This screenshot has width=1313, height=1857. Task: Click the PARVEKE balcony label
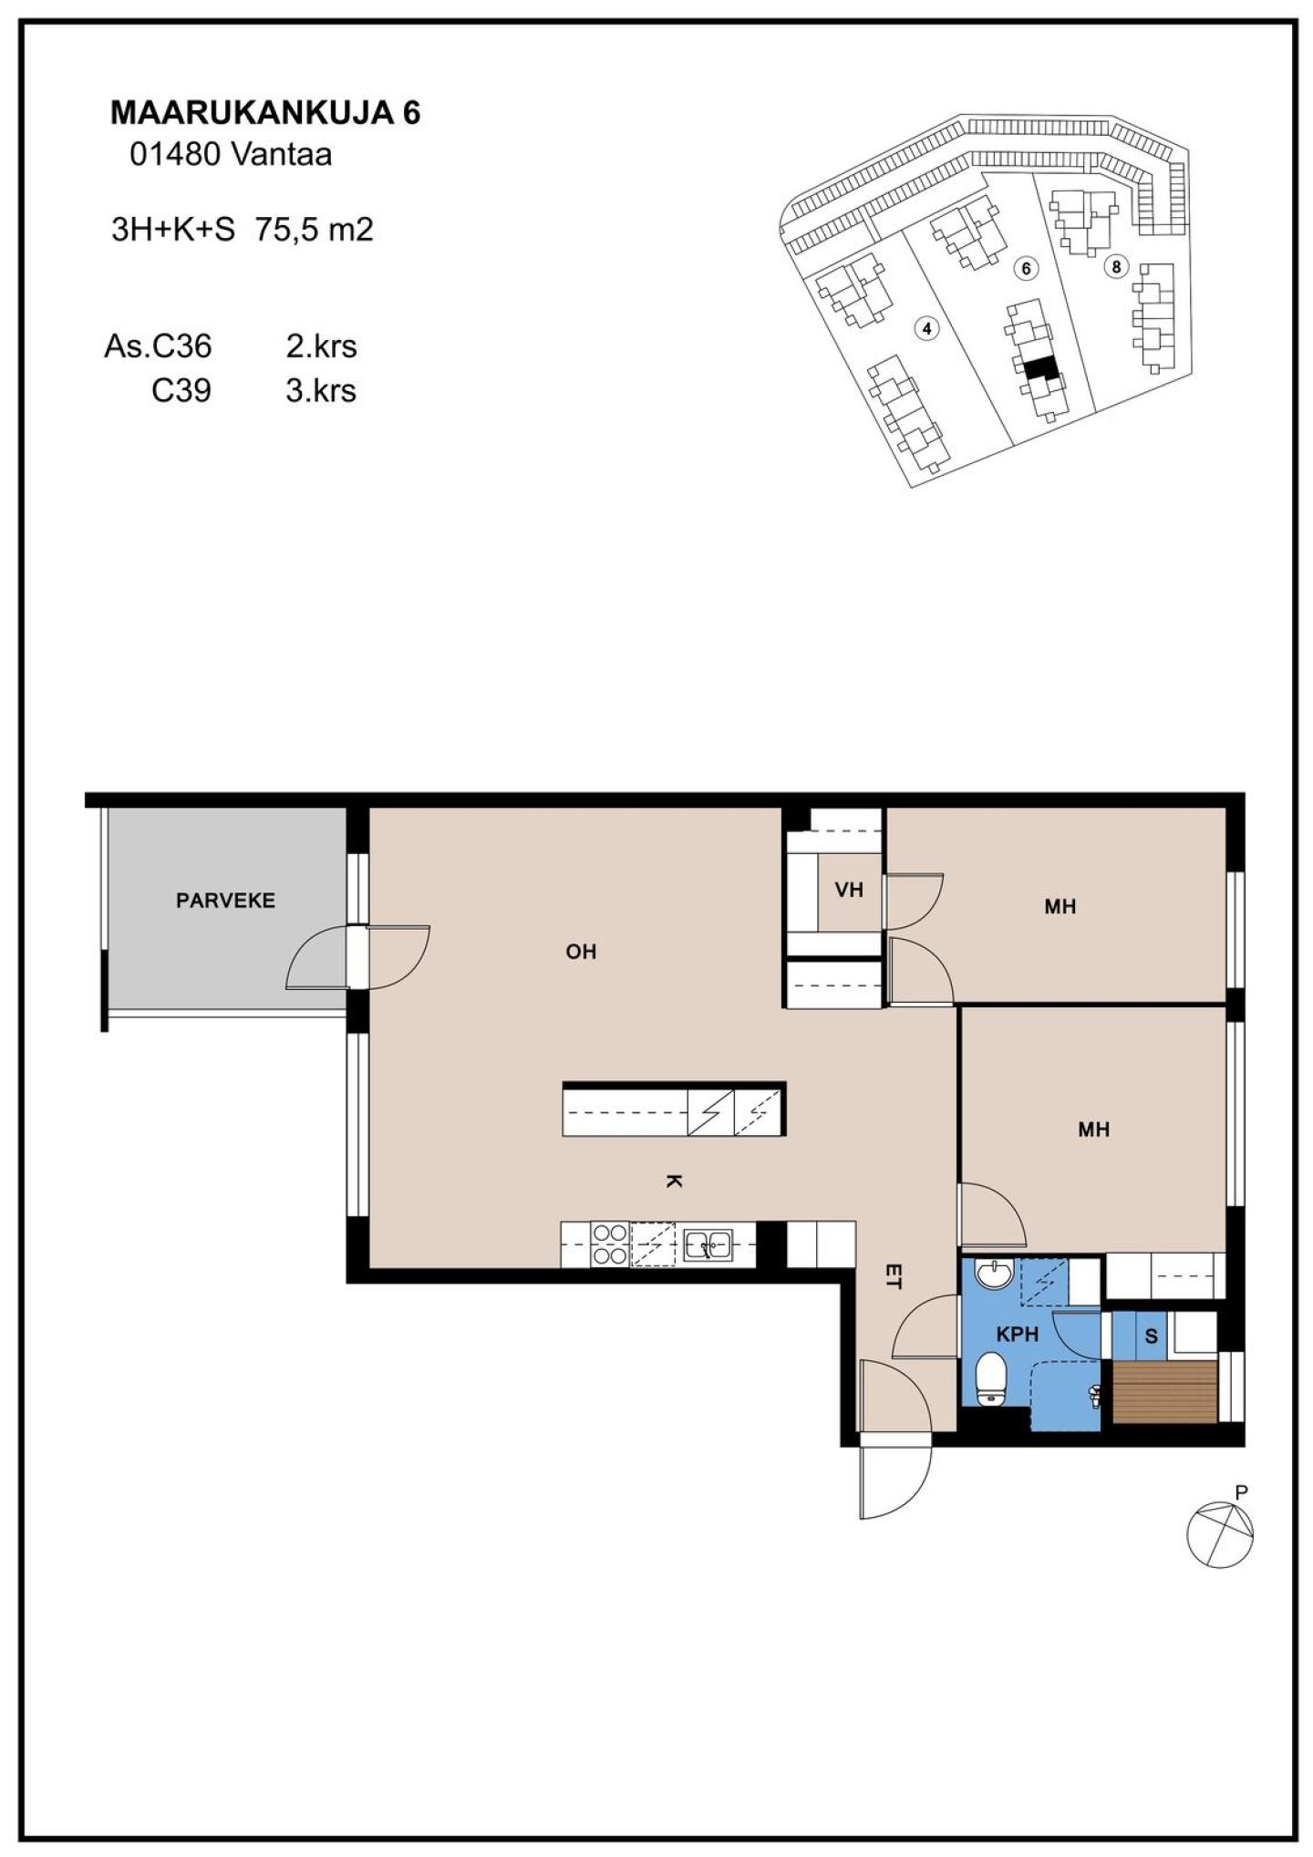(225, 901)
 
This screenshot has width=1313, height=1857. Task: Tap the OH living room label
(581, 952)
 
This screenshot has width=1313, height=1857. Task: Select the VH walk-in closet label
(849, 889)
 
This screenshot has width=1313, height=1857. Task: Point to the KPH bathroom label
(1017, 1335)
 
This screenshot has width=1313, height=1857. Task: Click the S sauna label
(1151, 1337)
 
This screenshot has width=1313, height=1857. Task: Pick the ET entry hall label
(893, 1275)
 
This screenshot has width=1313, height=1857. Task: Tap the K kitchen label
(673, 1181)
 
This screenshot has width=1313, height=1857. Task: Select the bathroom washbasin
(993, 1273)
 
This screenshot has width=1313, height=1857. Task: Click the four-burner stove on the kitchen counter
(610, 1244)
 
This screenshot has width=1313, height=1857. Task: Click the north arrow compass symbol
(1220, 1533)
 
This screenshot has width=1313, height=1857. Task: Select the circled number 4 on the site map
(926, 328)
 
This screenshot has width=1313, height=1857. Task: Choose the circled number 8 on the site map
(1115, 267)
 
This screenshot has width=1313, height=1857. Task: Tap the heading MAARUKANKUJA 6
(265, 113)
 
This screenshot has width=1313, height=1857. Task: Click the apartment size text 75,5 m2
(314, 230)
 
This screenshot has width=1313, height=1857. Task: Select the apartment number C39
(181, 391)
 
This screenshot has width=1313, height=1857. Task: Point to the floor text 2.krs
(321, 346)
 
